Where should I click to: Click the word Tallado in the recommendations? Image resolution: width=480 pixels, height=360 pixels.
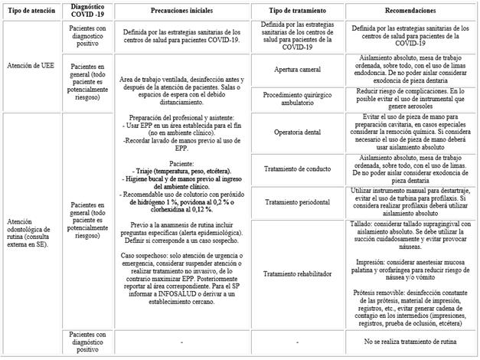tap(364, 225)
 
